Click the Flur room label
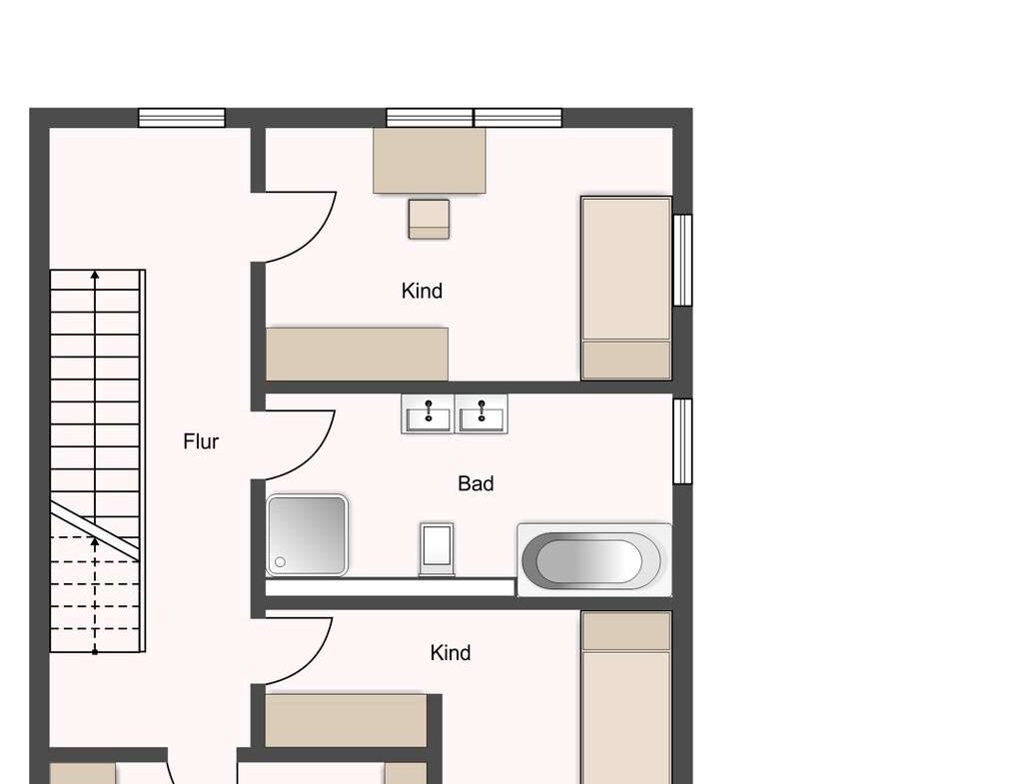pyautogui.click(x=201, y=441)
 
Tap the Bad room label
pyautogui.click(x=476, y=483)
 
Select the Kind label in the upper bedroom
pyautogui.click(x=423, y=292)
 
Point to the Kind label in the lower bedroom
pyautogui.click(x=451, y=653)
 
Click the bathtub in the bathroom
pyautogui.click(x=594, y=560)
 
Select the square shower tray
pyautogui.click(x=307, y=534)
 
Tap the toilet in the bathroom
pyautogui.click(x=437, y=548)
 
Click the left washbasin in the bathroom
pyautogui.click(x=428, y=413)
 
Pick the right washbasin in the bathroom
pyautogui.click(x=482, y=413)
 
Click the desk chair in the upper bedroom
pyautogui.click(x=429, y=219)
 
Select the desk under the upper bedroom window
pyautogui.click(x=430, y=160)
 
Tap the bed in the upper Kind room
pyautogui.click(x=626, y=288)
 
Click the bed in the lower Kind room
pyautogui.click(x=626, y=697)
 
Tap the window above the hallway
pyautogui.click(x=182, y=118)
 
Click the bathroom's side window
pyautogui.click(x=682, y=441)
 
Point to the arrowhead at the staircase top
pyautogui.click(x=95, y=275)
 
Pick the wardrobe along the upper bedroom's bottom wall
pyautogui.click(x=357, y=355)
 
